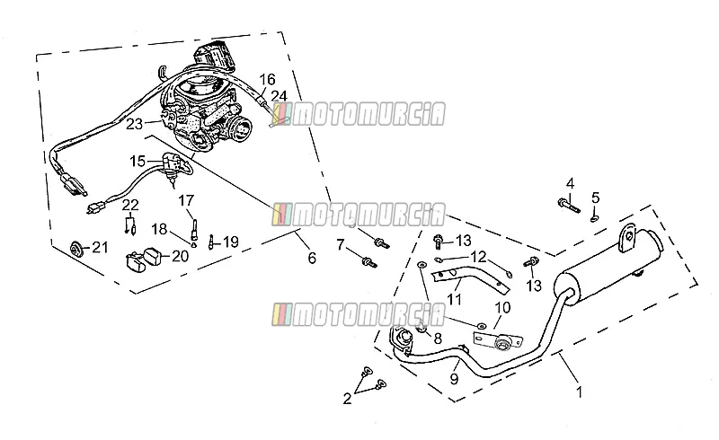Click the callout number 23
click(x=134, y=124)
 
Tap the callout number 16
click(x=267, y=80)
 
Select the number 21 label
click(x=101, y=248)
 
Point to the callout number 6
click(x=312, y=258)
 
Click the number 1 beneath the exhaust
click(x=580, y=392)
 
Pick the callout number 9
click(x=454, y=379)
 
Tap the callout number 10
click(x=503, y=307)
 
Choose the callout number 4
click(x=570, y=184)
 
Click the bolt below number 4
click(x=569, y=205)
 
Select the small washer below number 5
click(x=594, y=218)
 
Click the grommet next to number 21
click(x=75, y=249)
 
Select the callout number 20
click(x=181, y=256)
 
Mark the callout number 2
click(x=347, y=399)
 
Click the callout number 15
click(x=138, y=162)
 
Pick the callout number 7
click(x=340, y=245)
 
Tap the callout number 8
click(x=438, y=339)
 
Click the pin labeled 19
click(x=211, y=242)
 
